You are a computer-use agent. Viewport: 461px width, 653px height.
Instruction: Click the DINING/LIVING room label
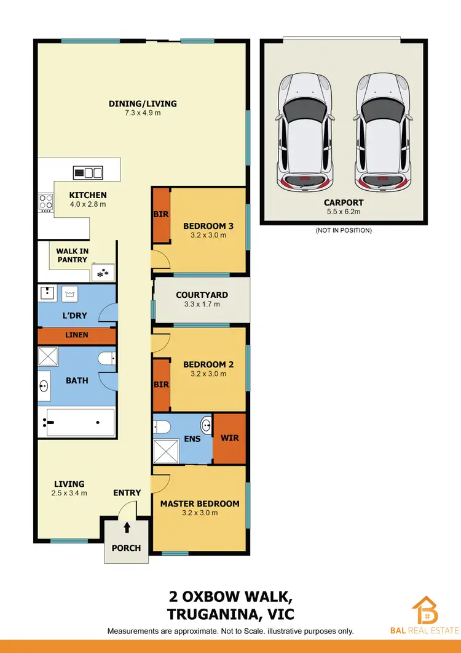(x=143, y=103)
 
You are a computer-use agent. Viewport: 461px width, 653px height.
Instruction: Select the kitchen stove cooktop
(x=46, y=201)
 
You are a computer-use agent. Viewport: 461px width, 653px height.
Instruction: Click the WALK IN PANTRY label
(x=72, y=255)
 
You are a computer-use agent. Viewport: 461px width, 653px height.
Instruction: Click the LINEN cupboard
(x=77, y=335)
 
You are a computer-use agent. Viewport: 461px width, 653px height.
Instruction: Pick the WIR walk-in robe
(x=229, y=439)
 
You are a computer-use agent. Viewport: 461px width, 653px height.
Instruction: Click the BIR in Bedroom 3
(x=161, y=215)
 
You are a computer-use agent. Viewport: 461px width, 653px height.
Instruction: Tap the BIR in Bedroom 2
(x=161, y=385)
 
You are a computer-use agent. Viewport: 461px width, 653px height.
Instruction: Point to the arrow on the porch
(x=127, y=527)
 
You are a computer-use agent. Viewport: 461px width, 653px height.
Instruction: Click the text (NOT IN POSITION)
(x=344, y=231)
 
